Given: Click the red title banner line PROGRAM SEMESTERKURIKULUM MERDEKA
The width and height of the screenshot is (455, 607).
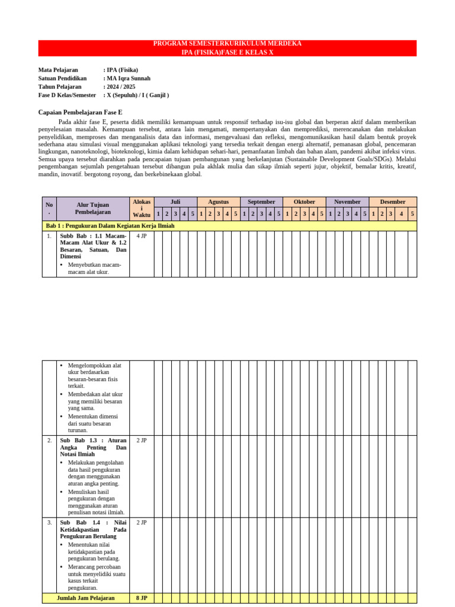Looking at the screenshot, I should coord(227,44).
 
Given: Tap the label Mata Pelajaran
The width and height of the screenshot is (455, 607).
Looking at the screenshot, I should coord(58,70).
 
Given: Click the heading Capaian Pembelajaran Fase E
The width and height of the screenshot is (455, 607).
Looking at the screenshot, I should coord(80,112).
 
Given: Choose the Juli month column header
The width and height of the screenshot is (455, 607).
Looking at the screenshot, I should coord(175,202).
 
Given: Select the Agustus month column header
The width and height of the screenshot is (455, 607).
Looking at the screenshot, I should coord(218,202).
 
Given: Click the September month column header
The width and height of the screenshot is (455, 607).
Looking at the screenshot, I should coord(261,202).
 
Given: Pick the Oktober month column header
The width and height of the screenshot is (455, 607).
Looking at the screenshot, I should coord(305,202).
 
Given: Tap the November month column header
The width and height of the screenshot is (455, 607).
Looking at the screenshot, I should coord(347,202).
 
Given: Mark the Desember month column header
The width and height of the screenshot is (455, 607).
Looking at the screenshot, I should coord(393,202).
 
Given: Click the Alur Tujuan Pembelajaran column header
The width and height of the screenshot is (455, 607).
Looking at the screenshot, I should coord(93,208).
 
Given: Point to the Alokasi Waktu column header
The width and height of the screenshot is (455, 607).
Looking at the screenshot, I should coord(142,208).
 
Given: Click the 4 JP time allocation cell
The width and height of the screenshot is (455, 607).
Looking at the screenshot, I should coord(142,236).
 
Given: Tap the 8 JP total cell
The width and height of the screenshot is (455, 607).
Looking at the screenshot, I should coord(142,598).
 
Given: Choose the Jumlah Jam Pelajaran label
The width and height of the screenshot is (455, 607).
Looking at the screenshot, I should coord(85,598).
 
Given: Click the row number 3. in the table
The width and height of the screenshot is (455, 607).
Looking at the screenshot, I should coord(49,523).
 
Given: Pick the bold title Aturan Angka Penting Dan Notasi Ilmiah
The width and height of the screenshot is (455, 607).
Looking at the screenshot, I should coord(93,448).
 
